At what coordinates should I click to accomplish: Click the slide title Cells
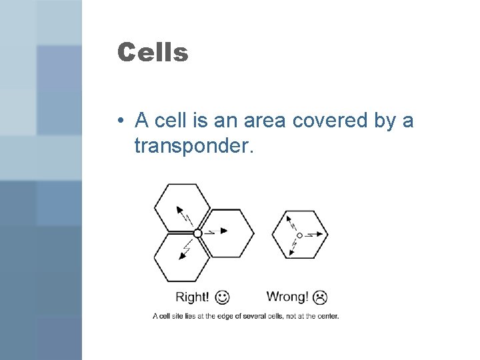point(153,52)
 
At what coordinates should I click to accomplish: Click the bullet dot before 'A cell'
point(118,122)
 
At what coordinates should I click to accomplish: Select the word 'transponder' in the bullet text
point(193,145)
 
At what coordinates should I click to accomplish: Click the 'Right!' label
point(192,296)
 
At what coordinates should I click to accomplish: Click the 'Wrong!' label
point(287,296)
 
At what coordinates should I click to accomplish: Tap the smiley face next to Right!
point(223,296)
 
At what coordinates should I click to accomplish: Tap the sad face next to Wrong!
point(321,296)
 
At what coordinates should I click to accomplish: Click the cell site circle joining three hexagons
point(197,233)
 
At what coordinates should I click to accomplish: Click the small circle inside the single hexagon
point(299,235)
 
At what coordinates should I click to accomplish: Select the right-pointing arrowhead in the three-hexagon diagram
point(224,231)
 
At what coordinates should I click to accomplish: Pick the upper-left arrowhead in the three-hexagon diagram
point(179,209)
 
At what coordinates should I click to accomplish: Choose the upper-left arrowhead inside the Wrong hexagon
point(289,218)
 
